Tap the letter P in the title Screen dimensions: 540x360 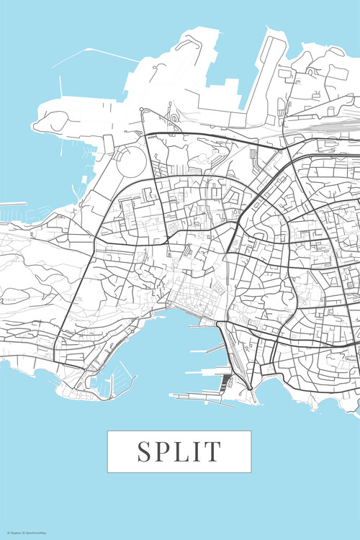coord(163,451)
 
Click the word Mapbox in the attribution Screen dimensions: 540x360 coord(14,533)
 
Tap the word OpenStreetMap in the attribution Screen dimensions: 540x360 coord(37,533)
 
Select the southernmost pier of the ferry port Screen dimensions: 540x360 coord(194,395)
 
